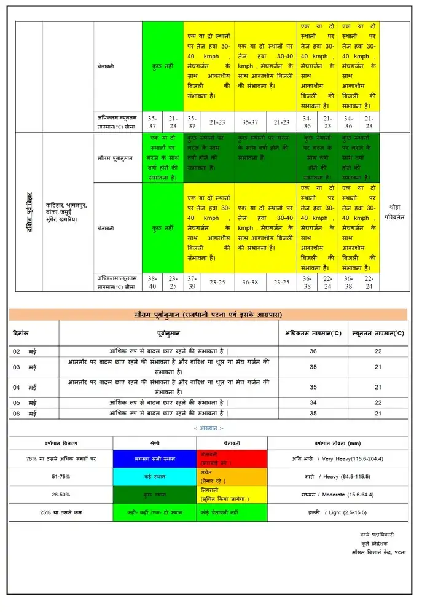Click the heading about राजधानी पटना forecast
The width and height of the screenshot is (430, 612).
[208, 314]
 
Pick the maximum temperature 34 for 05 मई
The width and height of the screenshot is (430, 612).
[313, 402]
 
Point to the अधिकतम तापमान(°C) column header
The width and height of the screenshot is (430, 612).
[313, 333]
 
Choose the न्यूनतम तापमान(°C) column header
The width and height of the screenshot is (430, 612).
[378, 333]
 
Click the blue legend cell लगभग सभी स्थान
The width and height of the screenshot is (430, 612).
[155, 459]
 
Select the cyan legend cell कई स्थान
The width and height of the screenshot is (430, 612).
[155, 476]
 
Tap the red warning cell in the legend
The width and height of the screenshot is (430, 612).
[232, 458]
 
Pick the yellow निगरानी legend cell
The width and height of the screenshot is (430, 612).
[232, 494]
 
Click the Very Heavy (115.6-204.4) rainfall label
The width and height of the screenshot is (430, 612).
[337, 458]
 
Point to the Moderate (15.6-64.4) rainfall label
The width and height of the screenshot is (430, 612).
[337, 494]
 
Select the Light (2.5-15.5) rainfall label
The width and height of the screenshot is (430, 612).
[337, 512]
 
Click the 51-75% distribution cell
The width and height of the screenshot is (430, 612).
[60, 476]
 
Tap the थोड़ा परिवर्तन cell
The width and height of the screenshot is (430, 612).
[395, 212]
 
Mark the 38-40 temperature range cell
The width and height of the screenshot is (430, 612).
[153, 282]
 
